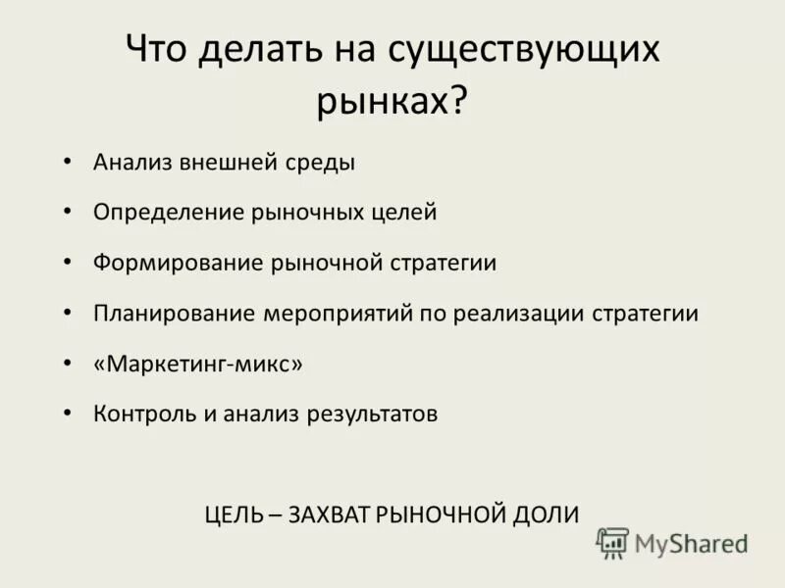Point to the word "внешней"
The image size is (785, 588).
tap(222, 162)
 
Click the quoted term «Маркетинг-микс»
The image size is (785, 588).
tap(198, 364)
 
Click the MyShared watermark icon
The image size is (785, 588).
tap(613, 542)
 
